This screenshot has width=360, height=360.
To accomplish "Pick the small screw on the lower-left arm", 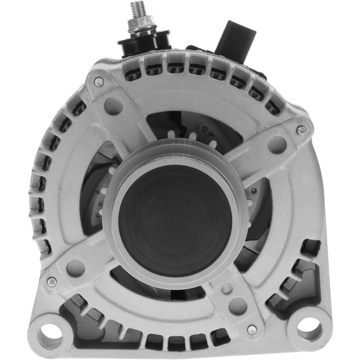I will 52,282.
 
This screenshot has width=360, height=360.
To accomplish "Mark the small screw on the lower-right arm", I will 252,328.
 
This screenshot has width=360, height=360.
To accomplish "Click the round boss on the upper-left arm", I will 113,106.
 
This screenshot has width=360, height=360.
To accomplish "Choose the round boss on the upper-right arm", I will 277,145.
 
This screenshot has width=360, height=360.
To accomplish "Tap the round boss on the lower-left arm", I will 76,268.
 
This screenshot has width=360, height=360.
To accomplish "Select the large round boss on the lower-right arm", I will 238,306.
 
